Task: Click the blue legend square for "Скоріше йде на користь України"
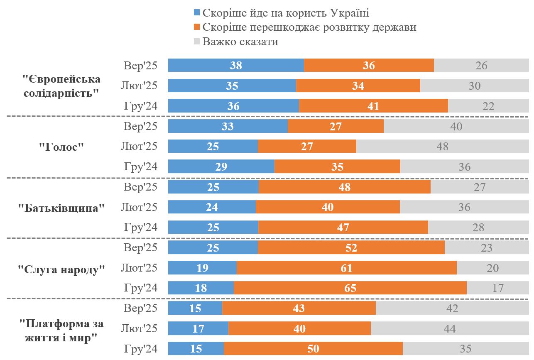click(x=196, y=13)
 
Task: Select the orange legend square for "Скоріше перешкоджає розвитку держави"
click(x=196, y=28)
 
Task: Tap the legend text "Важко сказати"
click(x=240, y=42)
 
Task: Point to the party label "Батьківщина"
click(x=61, y=208)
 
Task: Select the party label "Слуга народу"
click(x=61, y=269)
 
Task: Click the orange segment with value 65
click(x=350, y=288)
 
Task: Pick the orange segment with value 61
click(x=346, y=268)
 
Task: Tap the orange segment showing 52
click(x=351, y=248)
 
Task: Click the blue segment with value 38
click(x=236, y=66)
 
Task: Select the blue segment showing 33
click(x=228, y=126)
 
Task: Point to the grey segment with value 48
click(x=443, y=146)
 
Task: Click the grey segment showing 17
click(x=498, y=288)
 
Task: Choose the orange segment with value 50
click(x=313, y=349)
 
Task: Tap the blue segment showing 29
click(x=221, y=167)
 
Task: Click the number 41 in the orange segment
click(x=373, y=106)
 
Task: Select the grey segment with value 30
click(x=474, y=86)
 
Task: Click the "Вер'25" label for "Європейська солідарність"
click(x=141, y=66)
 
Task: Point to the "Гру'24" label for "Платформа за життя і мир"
click(x=141, y=349)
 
